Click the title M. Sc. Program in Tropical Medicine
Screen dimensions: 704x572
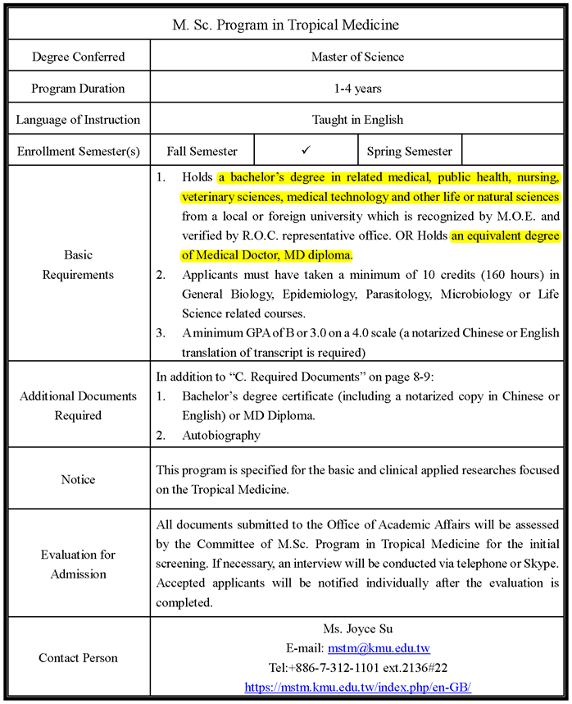pos(285,25)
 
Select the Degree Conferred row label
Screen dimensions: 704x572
pos(79,57)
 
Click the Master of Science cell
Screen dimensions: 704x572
pos(357,57)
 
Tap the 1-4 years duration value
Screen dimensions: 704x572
pos(357,89)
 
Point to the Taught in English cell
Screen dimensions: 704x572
pos(357,120)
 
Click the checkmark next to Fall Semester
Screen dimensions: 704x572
pos(306,151)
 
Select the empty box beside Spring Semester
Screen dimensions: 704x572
pos(514,151)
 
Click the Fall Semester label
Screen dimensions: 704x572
pos(202,152)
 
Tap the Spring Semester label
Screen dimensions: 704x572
pos(409,152)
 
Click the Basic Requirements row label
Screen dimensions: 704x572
pos(79,263)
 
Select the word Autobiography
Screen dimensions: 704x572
pos(221,436)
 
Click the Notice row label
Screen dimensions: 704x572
pos(79,479)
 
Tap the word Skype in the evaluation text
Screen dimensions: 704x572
pos(541,564)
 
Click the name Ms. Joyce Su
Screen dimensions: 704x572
pos(357,629)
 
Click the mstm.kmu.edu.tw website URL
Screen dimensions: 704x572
pos(357,687)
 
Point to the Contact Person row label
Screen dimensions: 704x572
pos(79,658)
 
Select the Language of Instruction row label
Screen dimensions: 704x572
pos(79,120)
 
